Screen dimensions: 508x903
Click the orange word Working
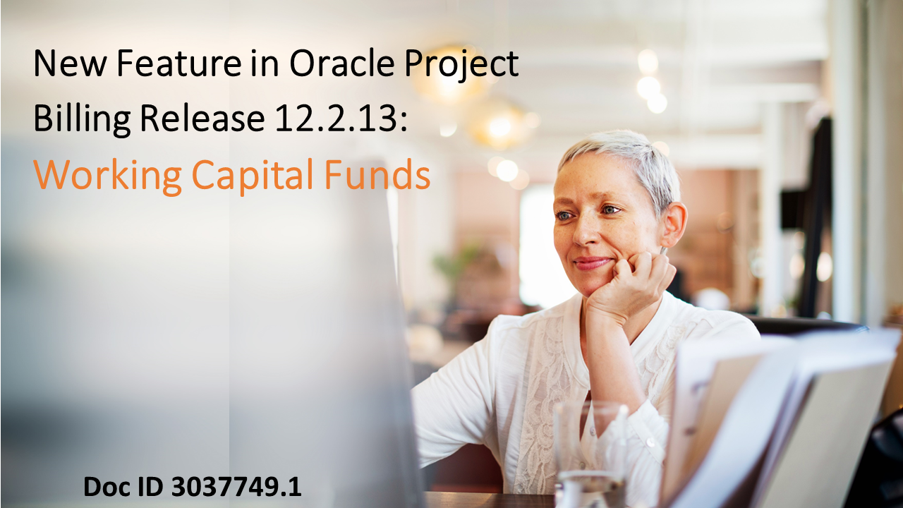(x=107, y=176)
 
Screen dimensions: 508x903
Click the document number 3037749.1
(x=236, y=487)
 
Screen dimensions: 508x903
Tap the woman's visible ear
(x=674, y=224)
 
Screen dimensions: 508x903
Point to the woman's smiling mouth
(x=591, y=263)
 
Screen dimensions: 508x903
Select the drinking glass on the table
(x=590, y=452)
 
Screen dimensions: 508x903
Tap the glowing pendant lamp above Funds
(x=499, y=126)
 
